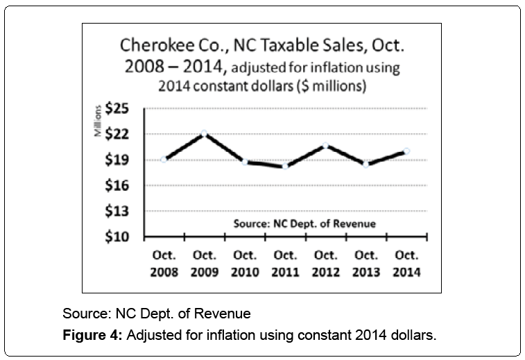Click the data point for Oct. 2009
point(205,132)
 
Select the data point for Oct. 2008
point(164,159)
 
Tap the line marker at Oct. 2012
point(325,145)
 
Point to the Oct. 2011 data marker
point(285,166)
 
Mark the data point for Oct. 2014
point(406,151)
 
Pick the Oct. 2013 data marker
point(366,164)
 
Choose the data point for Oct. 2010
point(245,162)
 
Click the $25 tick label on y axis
point(122,109)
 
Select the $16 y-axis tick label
point(122,185)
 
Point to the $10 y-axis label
point(122,237)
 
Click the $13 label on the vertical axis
point(122,211)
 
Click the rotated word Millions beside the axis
point(99,120)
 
